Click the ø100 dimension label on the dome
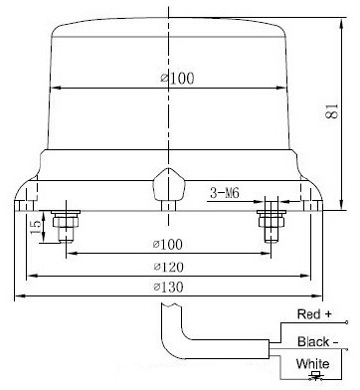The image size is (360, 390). (177, 79)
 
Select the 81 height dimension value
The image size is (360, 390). (332, 111)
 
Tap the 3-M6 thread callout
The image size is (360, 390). (225, 193)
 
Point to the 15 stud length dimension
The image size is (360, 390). (36, 227)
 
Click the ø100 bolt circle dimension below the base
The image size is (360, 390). (168, 245)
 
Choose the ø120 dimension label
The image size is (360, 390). (169, 267)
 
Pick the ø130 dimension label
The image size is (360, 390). (169, 288)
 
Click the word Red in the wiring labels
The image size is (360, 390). (308, 314)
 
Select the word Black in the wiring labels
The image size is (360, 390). (313, 341)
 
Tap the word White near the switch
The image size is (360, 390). (313, 364)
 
